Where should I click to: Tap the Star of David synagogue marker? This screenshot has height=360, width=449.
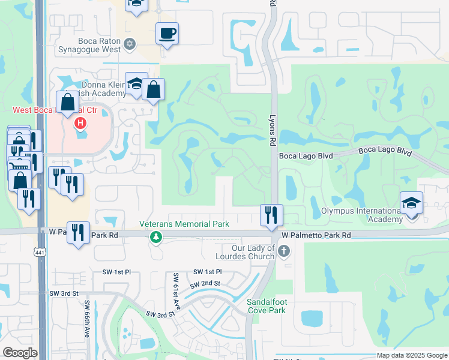pos(130,44)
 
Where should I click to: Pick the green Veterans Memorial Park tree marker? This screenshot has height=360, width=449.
pos(156,238)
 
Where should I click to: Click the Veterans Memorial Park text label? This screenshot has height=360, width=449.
pos(184,224)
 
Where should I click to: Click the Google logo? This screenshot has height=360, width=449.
pos(20,353)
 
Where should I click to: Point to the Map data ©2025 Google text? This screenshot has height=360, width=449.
pos(412,355)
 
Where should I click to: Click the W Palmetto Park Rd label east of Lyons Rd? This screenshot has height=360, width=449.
pos(316,236)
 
